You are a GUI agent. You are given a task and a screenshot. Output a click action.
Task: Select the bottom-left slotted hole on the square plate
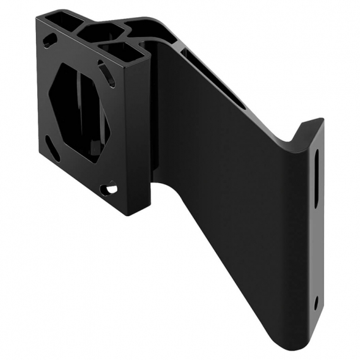53,151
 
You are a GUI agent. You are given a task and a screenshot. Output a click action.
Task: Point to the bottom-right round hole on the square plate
112,188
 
